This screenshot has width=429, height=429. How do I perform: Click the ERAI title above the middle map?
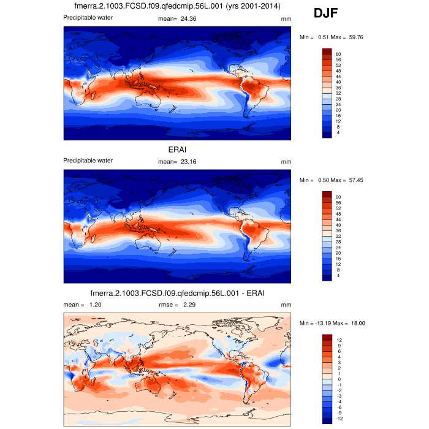point(178,150)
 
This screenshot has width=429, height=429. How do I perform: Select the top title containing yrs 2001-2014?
point(177,7)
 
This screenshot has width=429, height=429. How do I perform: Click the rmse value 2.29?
point(192,305)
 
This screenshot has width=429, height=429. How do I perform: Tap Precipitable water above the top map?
point(88,17)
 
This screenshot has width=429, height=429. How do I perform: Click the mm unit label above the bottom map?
point(286,305)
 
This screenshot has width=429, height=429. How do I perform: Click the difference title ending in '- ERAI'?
point(178,293)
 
